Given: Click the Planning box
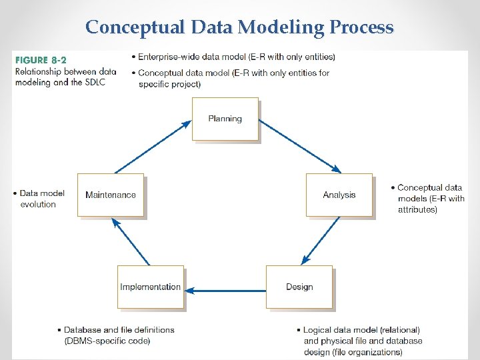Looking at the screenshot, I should tap(225, 119).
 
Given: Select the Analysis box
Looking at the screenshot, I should tap(339, 195).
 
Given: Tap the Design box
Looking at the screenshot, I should tap(299, 287).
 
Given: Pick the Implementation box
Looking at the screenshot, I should tap(150, 287).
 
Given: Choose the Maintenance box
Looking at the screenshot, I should tap(111, 195).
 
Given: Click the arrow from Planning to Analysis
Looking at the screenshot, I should tap(299, 147).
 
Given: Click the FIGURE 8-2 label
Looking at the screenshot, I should tap(41, 60).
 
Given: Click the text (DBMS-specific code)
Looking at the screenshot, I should tap(107, 341).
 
